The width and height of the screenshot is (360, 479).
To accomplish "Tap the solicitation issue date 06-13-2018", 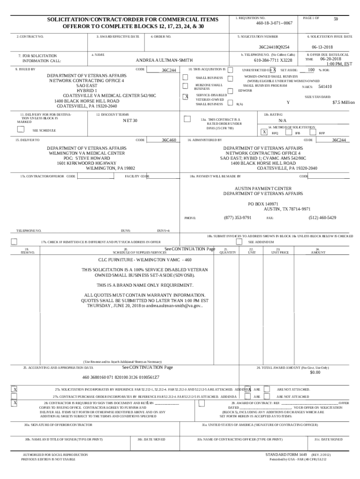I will click(x=322, y=47).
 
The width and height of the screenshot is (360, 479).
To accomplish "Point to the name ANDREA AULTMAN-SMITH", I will click(x=164, y=60).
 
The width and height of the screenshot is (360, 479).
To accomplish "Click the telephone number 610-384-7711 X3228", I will click(x=273, y=60).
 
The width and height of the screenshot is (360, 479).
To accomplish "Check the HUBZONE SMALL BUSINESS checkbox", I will click(x=185, y=86).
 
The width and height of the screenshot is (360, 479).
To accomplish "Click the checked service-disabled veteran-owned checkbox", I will click(x=185, y=97).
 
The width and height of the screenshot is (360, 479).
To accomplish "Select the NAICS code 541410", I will click(x=325, y=87).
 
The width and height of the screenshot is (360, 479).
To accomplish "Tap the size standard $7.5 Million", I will click(x=344, y=102).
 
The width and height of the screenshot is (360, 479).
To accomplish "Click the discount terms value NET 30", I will click(x=130, y=121).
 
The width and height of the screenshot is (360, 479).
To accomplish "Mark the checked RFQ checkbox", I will click(x=264, y=132).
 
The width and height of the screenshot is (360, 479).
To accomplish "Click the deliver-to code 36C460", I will click(x=168, y=140).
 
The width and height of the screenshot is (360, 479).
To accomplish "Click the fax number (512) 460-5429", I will click(x=322, y=218).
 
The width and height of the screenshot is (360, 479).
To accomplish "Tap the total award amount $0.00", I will click(x=315, y=372).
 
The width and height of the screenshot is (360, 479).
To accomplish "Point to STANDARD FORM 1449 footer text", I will click(x=285, y=454).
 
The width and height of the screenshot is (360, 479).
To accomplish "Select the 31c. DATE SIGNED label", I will click(x=328, y=439).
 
